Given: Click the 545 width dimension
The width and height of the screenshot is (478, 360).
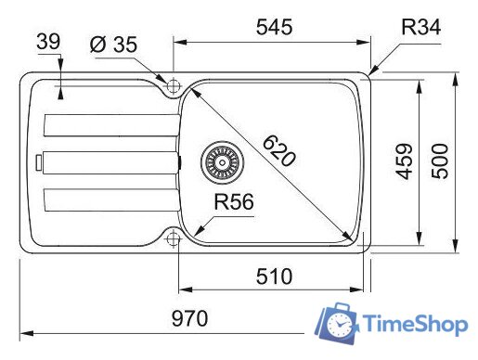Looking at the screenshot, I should [274, 27].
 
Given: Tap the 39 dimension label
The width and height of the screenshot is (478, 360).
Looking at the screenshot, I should [50, 43].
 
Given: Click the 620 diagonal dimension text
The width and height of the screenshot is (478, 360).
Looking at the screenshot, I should [278, 150].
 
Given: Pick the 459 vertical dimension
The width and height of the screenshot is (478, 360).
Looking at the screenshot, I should [403, 164].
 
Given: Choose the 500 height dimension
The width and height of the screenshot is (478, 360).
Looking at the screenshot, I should [441, 164].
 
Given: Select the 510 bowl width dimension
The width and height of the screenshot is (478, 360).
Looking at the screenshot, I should [274, 276].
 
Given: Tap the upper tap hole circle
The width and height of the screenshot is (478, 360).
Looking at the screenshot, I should [173, 85].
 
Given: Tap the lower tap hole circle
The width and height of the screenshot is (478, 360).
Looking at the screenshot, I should [173, 239].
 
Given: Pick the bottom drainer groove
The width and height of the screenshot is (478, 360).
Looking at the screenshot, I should [107, 200].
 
